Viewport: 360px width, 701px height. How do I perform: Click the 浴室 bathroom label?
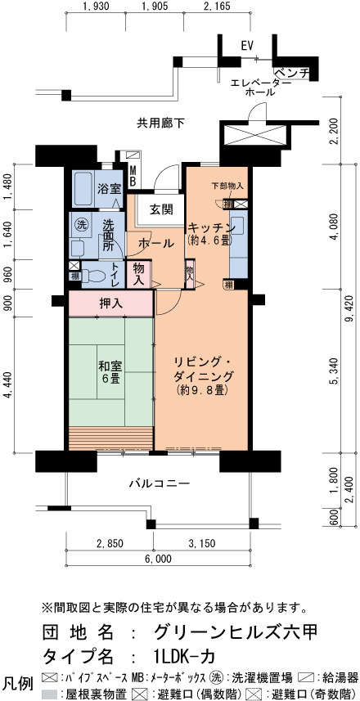pos(109,189)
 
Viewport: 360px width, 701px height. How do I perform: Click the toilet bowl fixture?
pos(97,276)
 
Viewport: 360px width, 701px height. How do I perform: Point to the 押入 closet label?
pos(110,304)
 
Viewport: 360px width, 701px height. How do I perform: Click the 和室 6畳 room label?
pos(110,372)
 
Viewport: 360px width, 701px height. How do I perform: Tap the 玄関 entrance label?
pos(161,209)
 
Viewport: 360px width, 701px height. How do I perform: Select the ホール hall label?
pos(155,244)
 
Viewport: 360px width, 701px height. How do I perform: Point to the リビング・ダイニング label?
pos(203,375)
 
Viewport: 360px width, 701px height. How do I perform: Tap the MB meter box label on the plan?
pos(133,176)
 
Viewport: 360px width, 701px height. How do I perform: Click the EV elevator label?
pos(247,46)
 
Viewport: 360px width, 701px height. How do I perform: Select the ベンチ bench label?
pos(291,73)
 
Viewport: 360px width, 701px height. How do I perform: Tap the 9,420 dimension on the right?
pos(349,308)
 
